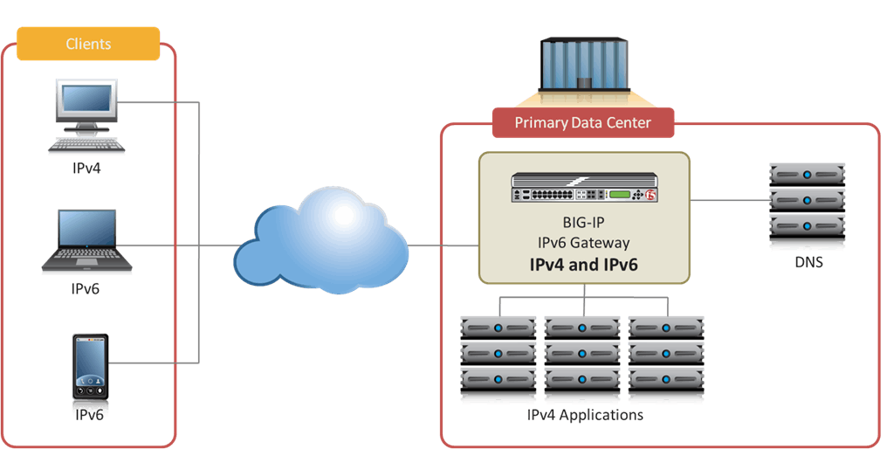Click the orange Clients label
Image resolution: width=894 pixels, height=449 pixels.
[x=88, y=44]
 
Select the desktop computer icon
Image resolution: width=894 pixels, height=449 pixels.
[x=86, y=117]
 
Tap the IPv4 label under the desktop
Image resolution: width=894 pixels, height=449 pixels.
[x=86, y=168]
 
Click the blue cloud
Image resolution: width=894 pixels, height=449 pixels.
[x=321, y=241]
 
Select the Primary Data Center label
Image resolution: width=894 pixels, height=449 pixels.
[x=582, y=123]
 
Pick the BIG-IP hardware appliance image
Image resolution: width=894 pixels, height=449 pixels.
[x=584, y=188]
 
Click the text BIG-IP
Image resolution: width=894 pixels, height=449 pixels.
[x=583, y=223]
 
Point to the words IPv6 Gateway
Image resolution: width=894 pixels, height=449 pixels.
[x=583, y=242]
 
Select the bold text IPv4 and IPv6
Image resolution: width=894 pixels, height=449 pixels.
[x=583, y=263]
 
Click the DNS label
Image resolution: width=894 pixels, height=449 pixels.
[x=808, y=262]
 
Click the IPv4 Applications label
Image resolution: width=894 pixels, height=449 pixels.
[x=585, y=415]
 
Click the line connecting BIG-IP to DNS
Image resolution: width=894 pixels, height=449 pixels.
[x=729, y=200]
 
